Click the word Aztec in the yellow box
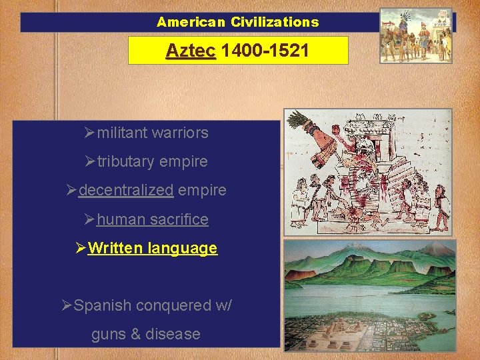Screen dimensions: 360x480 pos(191,50)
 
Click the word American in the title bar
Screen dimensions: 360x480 pos(192,22)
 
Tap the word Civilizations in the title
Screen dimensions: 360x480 pos(275,22)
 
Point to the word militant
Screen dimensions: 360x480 pos(123,133)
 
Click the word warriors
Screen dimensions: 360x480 pos(180,133)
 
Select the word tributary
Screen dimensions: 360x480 pos(125,161)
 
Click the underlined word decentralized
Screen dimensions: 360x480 pos(126,190)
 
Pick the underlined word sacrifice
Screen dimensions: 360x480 pos(180,219)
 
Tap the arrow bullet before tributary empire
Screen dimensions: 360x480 pos(91,161)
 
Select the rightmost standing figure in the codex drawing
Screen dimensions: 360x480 pos(441,200)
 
